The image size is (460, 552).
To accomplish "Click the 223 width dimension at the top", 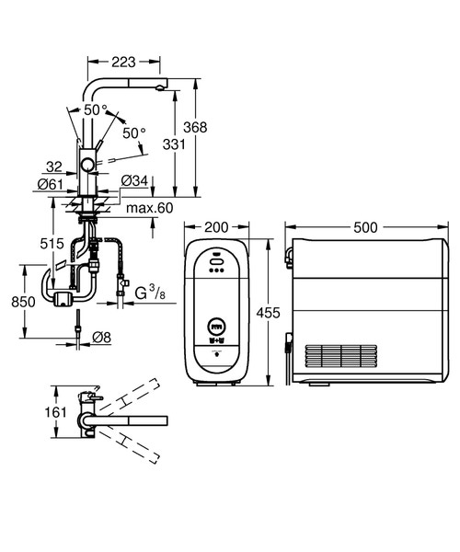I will click(x=124, y=63).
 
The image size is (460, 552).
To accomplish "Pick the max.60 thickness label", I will click(x=150, y=208).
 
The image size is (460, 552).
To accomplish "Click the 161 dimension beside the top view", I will click(x=57, y=412).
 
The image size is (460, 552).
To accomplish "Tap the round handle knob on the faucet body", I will click(x=87, y=165).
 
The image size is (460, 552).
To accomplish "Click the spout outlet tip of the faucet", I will click(x=161, y=87).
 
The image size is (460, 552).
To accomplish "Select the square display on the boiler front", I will click(x=216, y=326).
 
